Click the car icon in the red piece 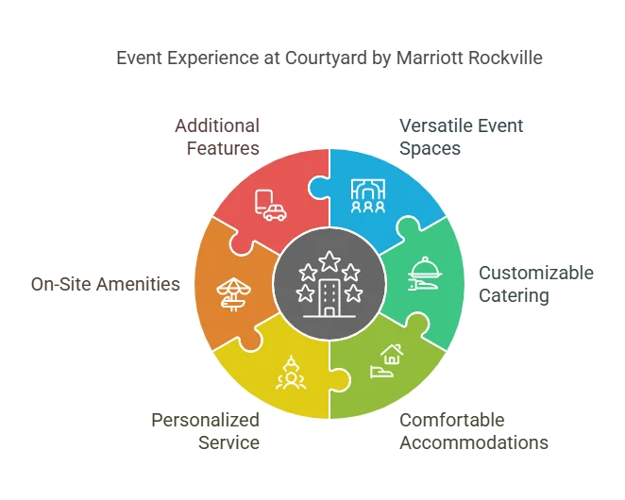275,212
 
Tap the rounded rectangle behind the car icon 263,200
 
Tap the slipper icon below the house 381,371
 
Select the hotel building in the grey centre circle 329,298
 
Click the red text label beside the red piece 218,137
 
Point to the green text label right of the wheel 536,282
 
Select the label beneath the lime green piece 474,431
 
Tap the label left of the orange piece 105,283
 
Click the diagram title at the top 329,58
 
